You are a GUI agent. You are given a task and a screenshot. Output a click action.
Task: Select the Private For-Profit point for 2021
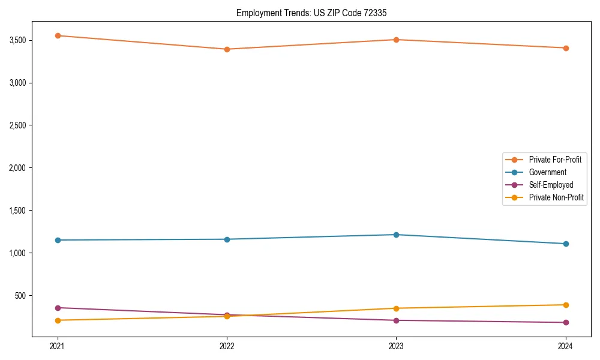tap(58, 35)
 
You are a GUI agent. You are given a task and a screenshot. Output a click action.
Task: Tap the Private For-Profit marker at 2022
tap(227, 49)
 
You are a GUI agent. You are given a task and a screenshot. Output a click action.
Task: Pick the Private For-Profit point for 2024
tap(566, 48)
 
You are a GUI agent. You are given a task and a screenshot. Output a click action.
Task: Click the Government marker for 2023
tap(397, 235)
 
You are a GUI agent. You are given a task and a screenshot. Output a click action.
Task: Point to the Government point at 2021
tap(58, 240)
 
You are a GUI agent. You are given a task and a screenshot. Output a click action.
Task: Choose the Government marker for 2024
tap(566, 244)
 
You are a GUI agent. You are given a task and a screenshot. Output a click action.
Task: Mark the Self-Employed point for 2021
tap(58, 308)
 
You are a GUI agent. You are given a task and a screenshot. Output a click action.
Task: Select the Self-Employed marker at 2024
tap(566, 323)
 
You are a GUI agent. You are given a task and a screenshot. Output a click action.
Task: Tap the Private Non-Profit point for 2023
tap(397, 308)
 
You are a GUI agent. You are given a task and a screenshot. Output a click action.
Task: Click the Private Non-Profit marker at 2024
tap(566, 305)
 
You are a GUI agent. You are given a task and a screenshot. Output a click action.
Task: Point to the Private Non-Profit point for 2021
tap(58, 320)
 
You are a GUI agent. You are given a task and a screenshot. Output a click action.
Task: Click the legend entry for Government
tap(547, 172)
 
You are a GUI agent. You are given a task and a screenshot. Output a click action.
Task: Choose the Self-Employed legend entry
tap(551, 185)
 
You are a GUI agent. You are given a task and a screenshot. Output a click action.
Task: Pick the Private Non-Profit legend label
tap(556, 197)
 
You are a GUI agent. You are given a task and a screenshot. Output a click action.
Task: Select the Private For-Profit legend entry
tap(555, 160)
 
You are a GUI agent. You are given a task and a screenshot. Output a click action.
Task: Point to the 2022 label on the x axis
tap(227, 346)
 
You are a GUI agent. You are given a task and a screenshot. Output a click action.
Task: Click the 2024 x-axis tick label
tap(566, 346)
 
